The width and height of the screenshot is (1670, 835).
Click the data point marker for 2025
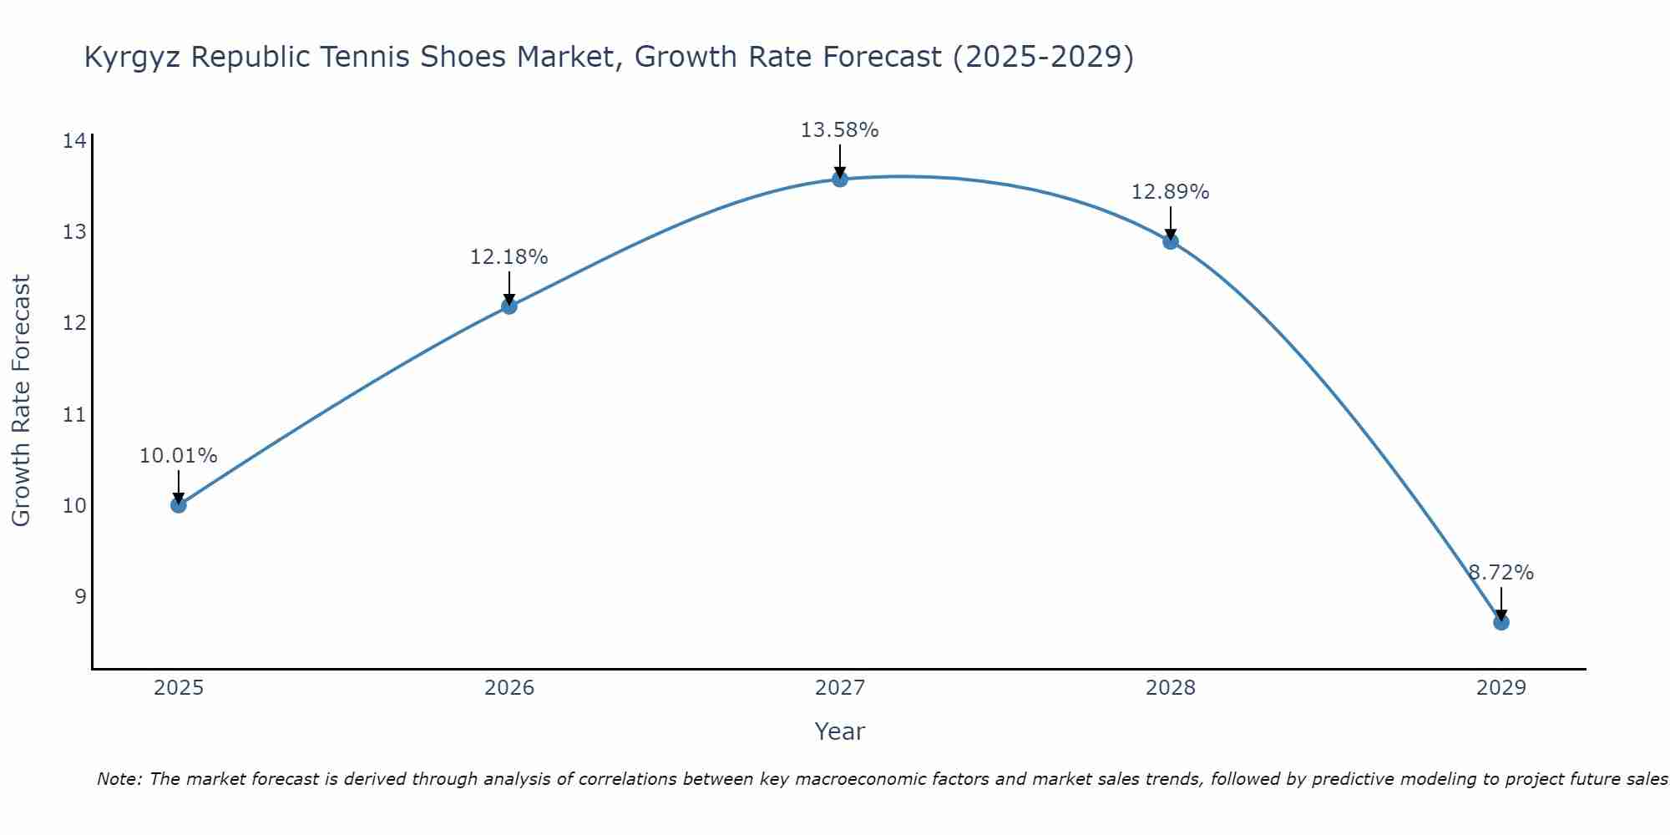[x=178, y=505]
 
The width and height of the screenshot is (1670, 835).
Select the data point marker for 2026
[x=509, y=306]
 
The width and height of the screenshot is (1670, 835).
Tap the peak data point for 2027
[x=839, y=179]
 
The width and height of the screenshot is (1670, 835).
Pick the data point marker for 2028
[x=1170, y=242]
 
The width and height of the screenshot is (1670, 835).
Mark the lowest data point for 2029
[x=1500, y=622]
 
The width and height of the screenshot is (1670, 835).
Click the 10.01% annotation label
[x=178, y=456]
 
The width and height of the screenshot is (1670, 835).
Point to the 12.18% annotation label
[x=509, y=257]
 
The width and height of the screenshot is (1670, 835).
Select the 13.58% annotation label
[x=839, y=130]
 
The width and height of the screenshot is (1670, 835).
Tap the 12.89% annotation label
[x=1170, y=192]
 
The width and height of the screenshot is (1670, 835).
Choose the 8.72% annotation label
[x=1500, y=573]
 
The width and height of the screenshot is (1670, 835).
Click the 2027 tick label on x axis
[x=839, y=688]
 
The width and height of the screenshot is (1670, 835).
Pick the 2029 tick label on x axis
[x=1500, y=688]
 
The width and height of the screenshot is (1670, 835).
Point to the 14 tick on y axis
[x=74, y=140]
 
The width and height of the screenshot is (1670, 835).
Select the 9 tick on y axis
[x=79, y=596]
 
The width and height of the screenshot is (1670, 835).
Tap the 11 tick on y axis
[x=74, y=414]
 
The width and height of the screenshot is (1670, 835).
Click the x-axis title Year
[x=839, y=731]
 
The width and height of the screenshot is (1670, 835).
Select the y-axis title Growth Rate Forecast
[x=22, y=401]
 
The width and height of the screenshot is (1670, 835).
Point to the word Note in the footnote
[x=119, y=779]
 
